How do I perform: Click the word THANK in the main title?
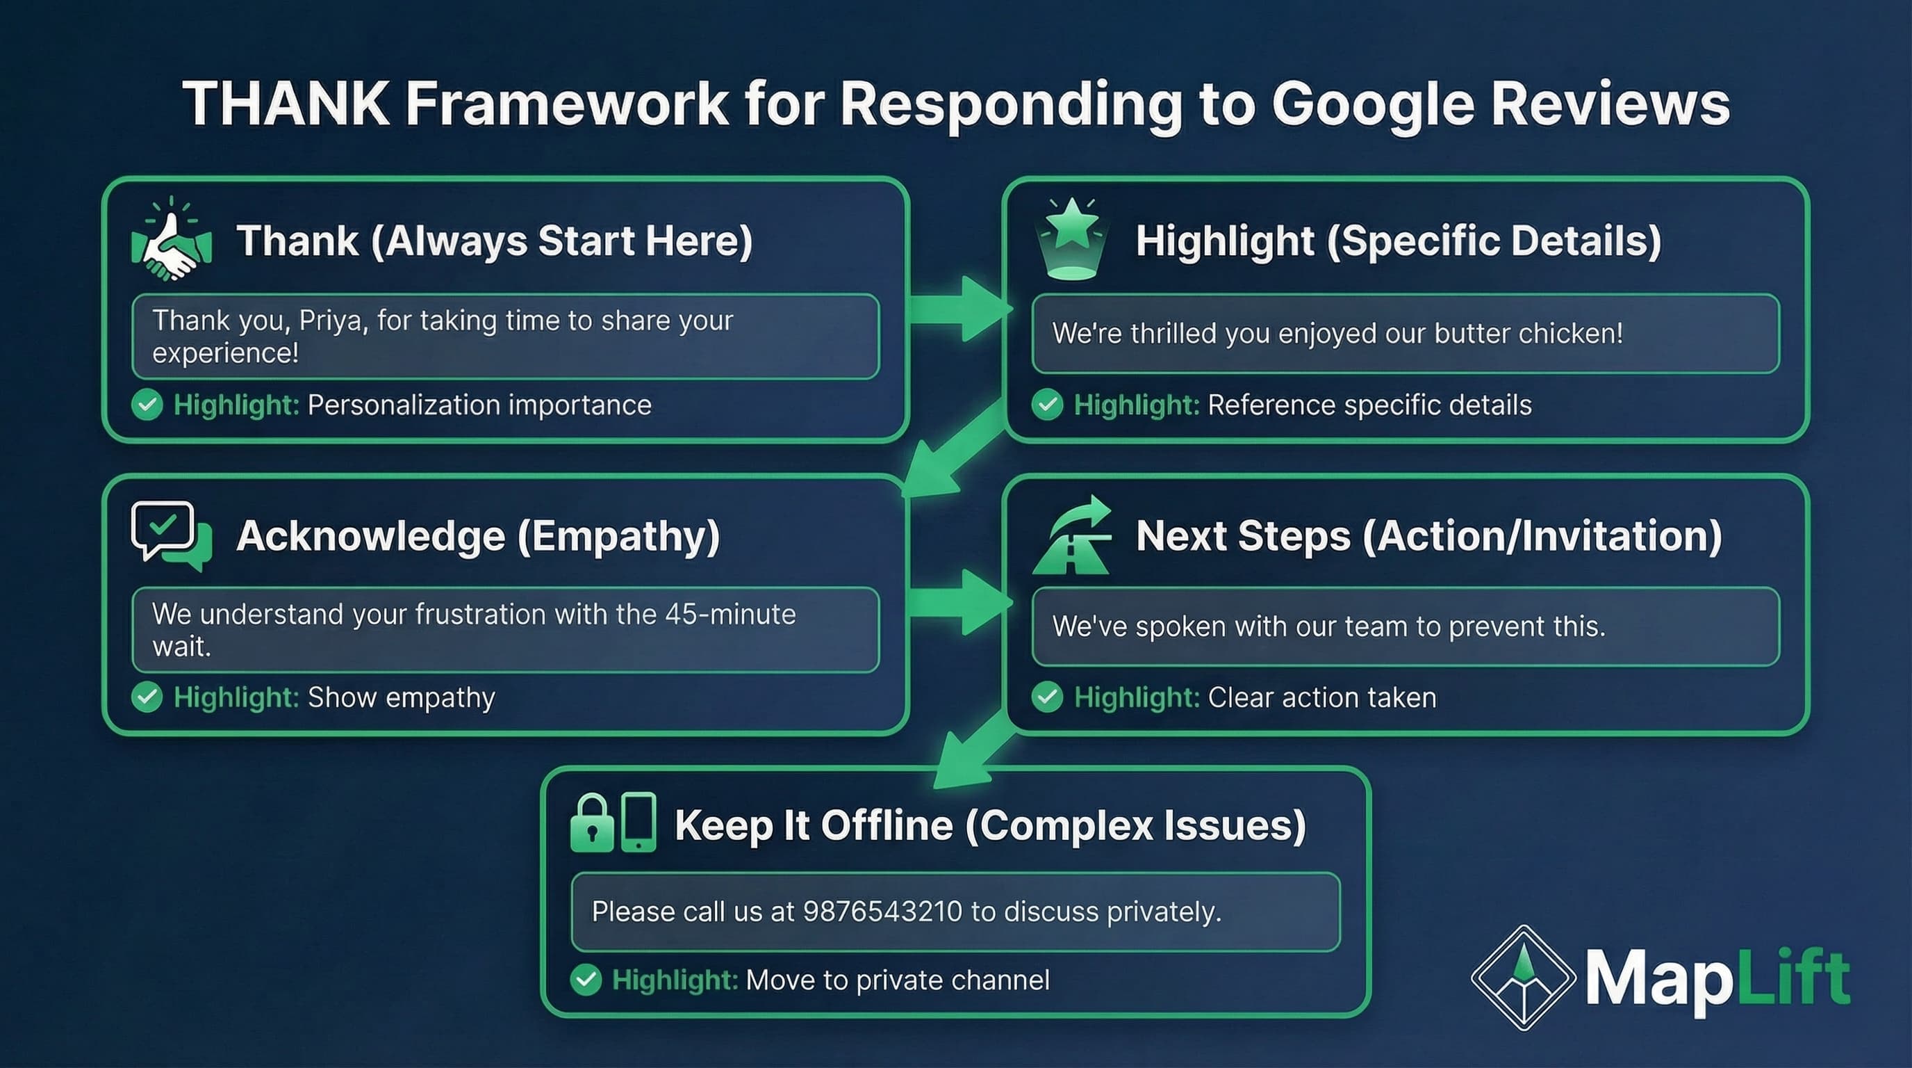[286, 104]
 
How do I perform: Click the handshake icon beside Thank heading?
[172, 241]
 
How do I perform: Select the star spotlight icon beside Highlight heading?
[1071, 239]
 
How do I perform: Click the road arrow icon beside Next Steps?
[1072, 535]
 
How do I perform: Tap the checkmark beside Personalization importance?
[147, 405]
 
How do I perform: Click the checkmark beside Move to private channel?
[586, 980]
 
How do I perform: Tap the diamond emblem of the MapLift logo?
[1523, 978]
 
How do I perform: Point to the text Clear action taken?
[1321, 697]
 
